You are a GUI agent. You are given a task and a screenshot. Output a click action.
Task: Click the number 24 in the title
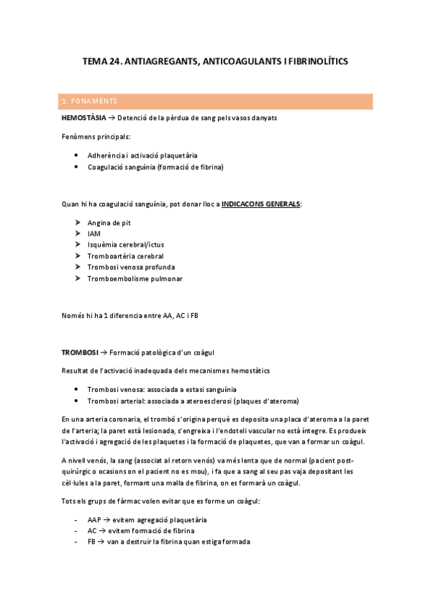[x=114, y=63]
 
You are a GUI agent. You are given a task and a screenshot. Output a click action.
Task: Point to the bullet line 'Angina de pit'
[x=109, y=223]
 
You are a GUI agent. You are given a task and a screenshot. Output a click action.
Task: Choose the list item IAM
[x=94, y=234]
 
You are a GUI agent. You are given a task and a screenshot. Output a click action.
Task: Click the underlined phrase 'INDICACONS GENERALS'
[x=260, y=204]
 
